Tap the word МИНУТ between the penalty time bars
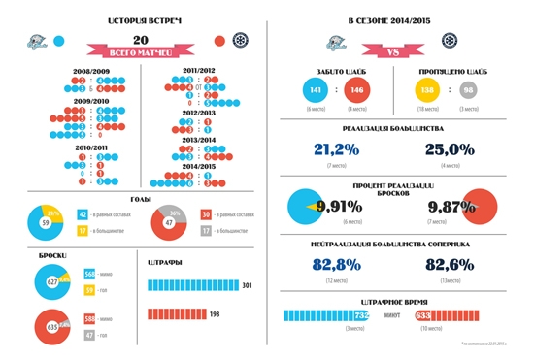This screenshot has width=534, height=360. click(x=393, y=315)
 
